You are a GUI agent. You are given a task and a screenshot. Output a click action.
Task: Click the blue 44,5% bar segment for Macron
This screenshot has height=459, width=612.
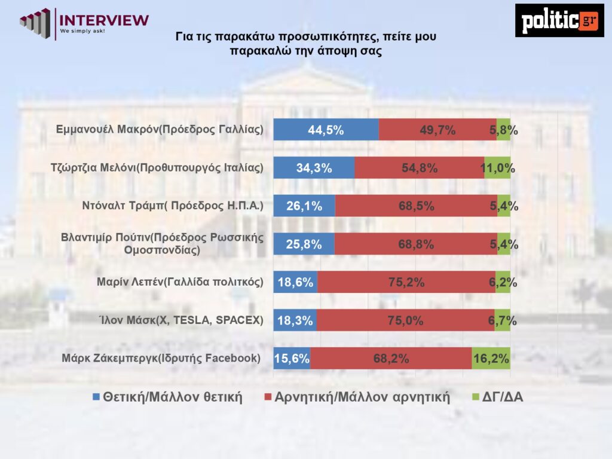coord(326,130)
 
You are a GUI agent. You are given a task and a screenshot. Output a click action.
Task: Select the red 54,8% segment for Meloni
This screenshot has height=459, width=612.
coord(419,168)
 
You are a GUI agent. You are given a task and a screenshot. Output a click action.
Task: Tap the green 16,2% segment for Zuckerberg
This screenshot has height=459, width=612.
coord(491,359)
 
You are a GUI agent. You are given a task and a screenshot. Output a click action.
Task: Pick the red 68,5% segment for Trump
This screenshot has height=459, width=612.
coord(416,206)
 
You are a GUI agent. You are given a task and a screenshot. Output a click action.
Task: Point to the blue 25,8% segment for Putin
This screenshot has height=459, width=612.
coord(304,244)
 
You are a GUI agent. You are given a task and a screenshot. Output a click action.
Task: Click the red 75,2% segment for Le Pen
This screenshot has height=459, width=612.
coord(406,282)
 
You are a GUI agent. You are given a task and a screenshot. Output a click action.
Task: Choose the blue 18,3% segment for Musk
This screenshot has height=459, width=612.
coord(295,320)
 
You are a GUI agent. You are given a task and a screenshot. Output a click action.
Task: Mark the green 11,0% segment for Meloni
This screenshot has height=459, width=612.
coord(497,168)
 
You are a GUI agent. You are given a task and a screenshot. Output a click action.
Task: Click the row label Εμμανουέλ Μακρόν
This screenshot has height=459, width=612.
coord(159,129)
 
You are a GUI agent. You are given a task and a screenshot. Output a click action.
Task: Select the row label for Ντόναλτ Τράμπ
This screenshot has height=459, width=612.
coord(173,206)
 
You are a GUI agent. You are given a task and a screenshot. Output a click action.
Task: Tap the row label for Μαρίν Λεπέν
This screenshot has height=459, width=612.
coord(179,282)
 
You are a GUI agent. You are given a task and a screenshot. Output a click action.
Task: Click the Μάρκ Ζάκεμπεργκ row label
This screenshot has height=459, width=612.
coord(161,359)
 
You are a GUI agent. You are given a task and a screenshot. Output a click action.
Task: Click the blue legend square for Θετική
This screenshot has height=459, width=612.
coord(96,397)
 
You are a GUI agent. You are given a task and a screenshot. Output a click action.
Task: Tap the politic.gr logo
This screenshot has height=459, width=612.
coord(559,20)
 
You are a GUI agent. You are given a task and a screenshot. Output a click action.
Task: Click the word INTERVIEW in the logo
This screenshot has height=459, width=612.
coord(105,19)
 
